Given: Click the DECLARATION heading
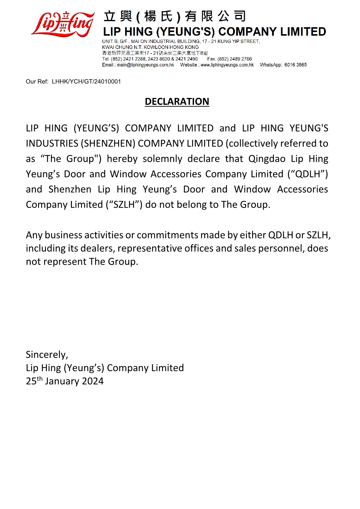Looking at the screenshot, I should click(177, 102).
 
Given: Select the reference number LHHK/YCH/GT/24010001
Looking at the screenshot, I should click(86, 82).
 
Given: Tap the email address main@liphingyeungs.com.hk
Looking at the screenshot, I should click(145, 65).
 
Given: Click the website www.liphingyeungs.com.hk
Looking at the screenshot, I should click(227, 65).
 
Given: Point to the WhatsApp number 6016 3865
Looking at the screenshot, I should click(295, 65).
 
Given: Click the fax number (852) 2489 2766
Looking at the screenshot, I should click(235, 59).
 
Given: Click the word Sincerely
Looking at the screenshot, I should click(47, 355).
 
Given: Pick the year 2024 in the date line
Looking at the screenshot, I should click(93, 381).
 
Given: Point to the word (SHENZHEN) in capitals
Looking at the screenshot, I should click(108, 144).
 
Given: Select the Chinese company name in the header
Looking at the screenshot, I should click(175, 16).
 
